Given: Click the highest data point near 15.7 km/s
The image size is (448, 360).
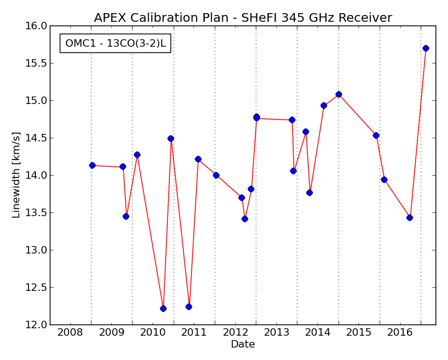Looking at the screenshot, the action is click(x=426, y=48).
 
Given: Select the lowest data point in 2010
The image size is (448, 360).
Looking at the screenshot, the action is click(x=163, y=308).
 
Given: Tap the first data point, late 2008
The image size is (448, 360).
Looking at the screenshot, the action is click(x=92, y=165).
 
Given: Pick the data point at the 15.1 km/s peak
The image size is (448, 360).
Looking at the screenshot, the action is click(x=339, y=95).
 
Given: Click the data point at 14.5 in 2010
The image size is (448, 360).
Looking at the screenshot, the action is click(x=171, y=139).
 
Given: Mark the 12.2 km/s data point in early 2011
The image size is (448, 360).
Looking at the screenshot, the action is click(x=189, y=307).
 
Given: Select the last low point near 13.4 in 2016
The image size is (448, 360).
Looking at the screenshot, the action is click(x=409, y=217).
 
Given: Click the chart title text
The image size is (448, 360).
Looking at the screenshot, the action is click(x=243, y=17).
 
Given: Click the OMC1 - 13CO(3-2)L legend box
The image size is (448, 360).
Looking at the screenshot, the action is click(x=116, y=43).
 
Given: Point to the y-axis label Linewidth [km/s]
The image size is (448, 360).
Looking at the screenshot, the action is click(x=16, y=175).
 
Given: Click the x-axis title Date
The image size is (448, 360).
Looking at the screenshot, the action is click(x=243, y=344).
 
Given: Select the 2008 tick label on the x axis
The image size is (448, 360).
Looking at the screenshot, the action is click(x=70, y=332).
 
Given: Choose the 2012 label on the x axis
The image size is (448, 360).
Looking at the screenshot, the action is click(x=235, y=332).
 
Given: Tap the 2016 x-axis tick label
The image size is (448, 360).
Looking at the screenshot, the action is click(x=400, y=332).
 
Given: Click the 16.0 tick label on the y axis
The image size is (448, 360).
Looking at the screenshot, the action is click(x=36, y=26).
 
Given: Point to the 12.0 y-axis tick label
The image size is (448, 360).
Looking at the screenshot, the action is click(x=36, y=325).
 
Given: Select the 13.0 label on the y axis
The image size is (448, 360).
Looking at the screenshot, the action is click(x=36, y=250).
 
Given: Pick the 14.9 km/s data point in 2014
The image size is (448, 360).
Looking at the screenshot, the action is click(x=324, y=105).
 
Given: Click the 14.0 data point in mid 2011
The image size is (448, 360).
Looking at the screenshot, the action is click(x=216, y=175).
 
